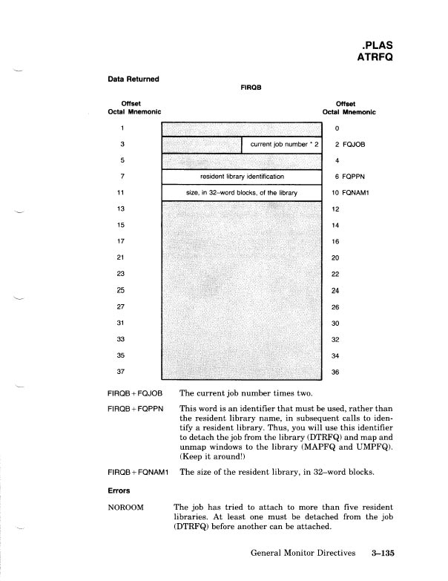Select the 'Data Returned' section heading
tap(134, 77)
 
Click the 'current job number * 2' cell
tap(280, 143)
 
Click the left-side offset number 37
tap(121, 371)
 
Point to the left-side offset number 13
tap(121, 209)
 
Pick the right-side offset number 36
tap(335, 371)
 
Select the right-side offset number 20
tap(335, 257)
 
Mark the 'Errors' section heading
tap(120, 490)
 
